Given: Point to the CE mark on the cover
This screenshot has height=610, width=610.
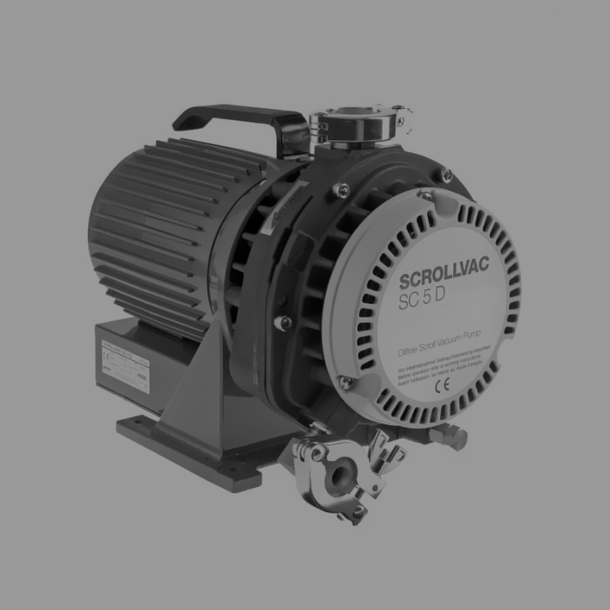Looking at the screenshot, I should pos(443,381).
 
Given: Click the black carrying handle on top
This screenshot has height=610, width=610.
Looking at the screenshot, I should pos(235,119).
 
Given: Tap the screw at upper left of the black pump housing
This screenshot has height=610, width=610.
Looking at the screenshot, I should pos(342,190).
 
